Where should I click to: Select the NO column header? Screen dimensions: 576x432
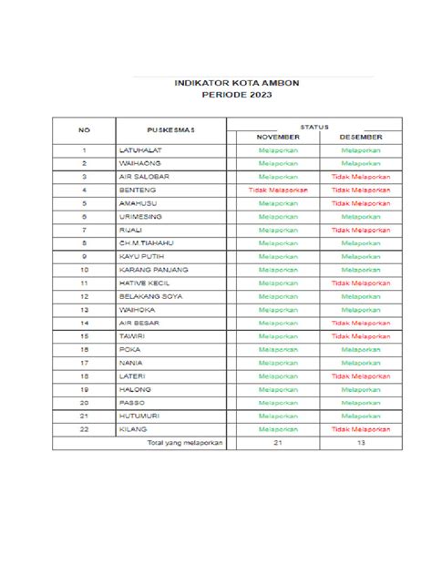tap(83, 129)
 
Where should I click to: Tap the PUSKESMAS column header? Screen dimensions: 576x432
tap(170, 129)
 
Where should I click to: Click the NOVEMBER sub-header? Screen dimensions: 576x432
tap(277, 136)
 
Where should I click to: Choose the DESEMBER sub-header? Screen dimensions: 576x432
tap(361, 136)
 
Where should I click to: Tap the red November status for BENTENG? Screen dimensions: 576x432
tap(277, 190)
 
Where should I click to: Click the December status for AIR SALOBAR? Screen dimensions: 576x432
tap(361, 176)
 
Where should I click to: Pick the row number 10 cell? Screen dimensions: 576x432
tap(83, 270)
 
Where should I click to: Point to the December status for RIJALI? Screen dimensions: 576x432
tap(361, 231)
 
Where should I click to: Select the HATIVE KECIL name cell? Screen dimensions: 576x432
tap(144, 283)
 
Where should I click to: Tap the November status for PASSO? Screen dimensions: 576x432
tap(277, 402)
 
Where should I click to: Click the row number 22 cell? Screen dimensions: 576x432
tap(83, 428)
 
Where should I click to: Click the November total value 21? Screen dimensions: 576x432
tap(277, 443)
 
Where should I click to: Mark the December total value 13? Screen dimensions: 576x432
tap(361, 443)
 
